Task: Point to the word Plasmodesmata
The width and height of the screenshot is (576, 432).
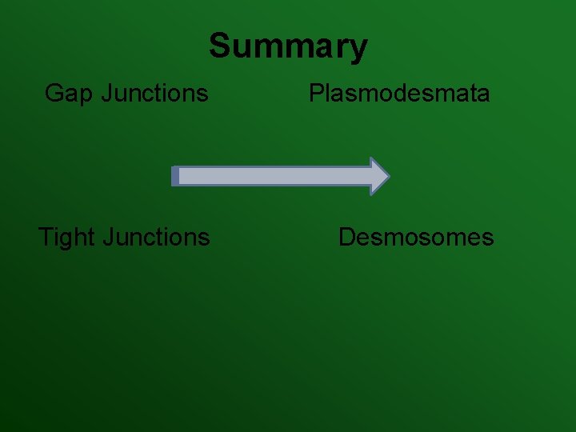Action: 399,94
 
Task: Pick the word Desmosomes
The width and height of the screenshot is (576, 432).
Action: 416,238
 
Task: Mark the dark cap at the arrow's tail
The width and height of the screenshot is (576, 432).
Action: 175,176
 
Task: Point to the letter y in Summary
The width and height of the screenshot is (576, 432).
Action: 357,50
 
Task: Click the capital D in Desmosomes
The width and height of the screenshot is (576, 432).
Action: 347,238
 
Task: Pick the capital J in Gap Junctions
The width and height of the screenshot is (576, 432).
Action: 106,94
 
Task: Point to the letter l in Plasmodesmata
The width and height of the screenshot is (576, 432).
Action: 330,94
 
